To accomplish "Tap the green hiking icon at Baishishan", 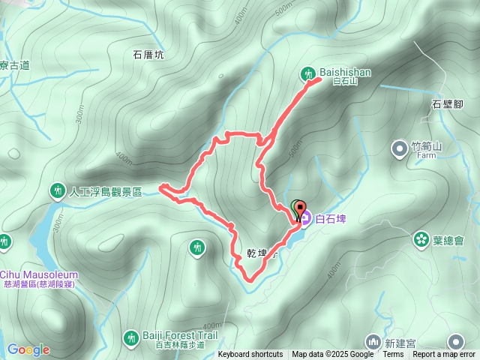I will pyautogui.click(x=308, y=73).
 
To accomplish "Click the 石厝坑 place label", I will pyautogui.click(x=148, y=55).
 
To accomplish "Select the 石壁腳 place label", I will pyautogui.click(x=447, y=104).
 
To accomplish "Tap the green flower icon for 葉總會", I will pyautogui.click(x=419, y=240).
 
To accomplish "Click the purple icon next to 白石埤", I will pyautogui.click(x=305, y=220).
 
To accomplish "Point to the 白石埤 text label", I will pyautogui.click(x=330, y=220).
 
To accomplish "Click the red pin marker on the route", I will pyautogui.click(x=300, y=208).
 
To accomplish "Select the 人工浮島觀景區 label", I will pyautogui.click(x=105, y=192).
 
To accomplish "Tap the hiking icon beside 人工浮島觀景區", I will pyautogui.click(x=58, y=191).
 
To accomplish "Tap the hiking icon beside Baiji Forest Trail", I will pyautogui.click(x=131, y=340).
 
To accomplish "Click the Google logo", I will pyautogui.click(x=28, y=349).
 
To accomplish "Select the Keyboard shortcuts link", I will pyautogui.click(x=250, y=355).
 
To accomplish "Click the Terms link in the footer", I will pyautogui.click(x=393, y=355).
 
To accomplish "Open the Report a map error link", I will pyautogui.click(x=445, y=355).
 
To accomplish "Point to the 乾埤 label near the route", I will pyautogui.click(x=257, y=253).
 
